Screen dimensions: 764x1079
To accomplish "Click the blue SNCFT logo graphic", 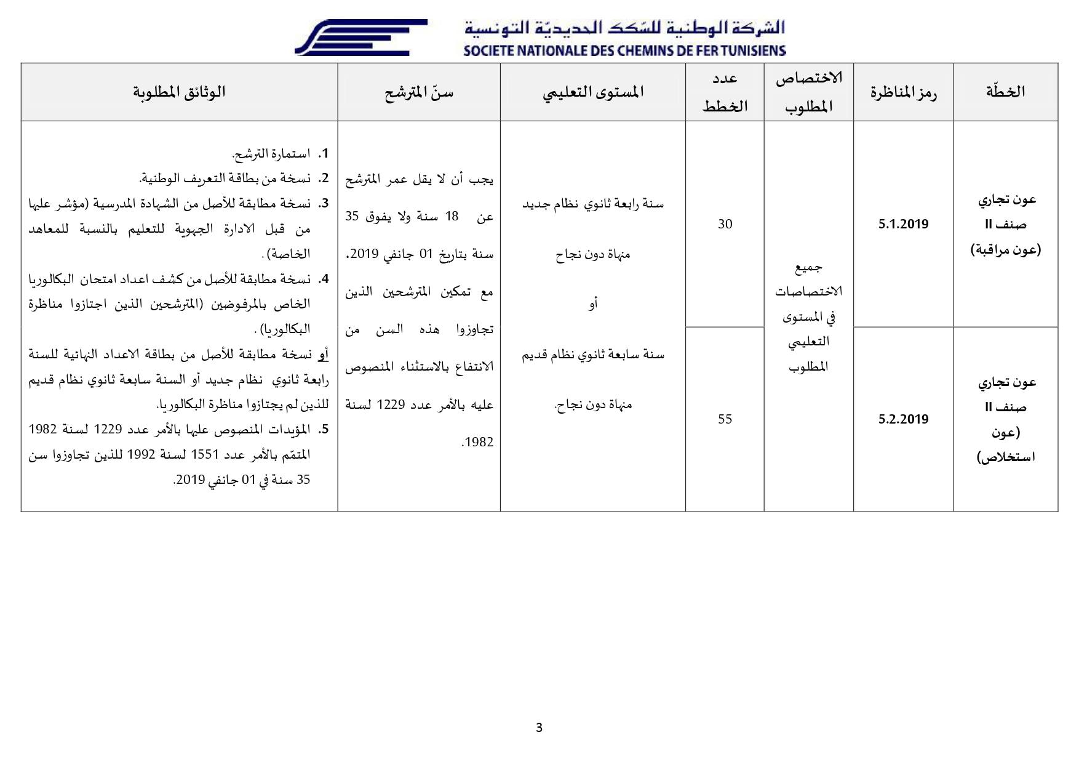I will coord(361,37).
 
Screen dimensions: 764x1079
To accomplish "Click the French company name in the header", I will coord(624,50).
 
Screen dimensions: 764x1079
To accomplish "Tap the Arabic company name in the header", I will coord(624,28).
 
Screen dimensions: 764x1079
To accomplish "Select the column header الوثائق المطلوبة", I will coord(179,92).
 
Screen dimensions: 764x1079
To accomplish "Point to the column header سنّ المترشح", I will coord(419,92).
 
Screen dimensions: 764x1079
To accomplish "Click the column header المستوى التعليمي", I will coord(593,92).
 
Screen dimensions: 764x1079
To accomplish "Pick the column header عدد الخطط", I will coord(725,92).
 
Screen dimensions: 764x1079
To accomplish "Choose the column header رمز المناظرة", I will coord(903,92).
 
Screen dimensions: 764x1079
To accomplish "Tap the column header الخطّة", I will coord(1005,92).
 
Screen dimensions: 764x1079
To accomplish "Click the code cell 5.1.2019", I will coord(903,224).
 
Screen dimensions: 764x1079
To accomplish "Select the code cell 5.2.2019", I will coord(903,419).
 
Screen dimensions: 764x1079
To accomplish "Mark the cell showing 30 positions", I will coord(725,224).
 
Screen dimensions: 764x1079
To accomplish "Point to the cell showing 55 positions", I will coord(725,419).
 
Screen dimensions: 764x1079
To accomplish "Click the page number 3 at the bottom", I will coord(539,728).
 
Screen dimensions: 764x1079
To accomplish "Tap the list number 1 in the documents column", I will coord(324,153).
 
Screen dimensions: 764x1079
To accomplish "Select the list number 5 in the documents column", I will coord(324,430).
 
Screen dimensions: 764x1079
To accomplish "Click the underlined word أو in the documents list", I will coord(324,355).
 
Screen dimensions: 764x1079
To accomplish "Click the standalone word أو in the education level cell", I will coord(593,304).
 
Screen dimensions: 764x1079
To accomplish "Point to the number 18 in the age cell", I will coord(452,217).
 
